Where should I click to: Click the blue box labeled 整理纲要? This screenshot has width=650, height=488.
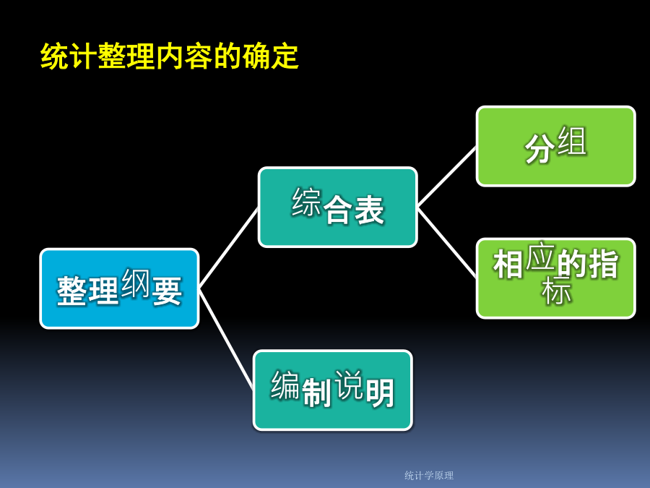click(119, 288)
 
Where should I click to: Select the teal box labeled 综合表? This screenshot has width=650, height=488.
click(337, 207)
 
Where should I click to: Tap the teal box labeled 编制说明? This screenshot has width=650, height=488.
click(332, 390)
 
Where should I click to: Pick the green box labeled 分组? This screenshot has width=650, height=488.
click(556, 146)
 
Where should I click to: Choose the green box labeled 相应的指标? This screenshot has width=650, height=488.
click(556, 278)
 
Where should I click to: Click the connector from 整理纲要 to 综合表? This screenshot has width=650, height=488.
click(229, 248)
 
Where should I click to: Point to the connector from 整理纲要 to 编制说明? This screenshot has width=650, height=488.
click(226, 339)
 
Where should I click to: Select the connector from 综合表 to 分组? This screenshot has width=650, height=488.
click(447, 177)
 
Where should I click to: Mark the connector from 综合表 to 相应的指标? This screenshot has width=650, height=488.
click(447, 242)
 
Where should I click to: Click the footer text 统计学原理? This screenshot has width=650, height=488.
click(429, 475)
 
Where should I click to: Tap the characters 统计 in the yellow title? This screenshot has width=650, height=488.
click(69, 56)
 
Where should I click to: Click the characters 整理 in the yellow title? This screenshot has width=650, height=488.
click(126, 56)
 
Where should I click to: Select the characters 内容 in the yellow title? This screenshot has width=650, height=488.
click(184, 56)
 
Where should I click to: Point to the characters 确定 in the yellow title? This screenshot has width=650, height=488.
click(270, 56)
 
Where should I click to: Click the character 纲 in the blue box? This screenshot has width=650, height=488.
click(135, 283)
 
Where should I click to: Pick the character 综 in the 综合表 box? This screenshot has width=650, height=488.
click(306, 202)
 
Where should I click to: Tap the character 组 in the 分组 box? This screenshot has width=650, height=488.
click(572, 141)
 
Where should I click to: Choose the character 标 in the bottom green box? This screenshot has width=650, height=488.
click(556, 290)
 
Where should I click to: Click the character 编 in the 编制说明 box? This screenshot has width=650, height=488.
click(285, 385)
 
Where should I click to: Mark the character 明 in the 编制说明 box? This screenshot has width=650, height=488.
click(379, 393)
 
